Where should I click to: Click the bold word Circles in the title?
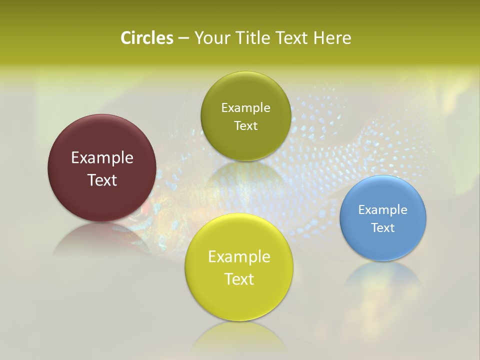click(147, 38)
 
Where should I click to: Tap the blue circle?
click(383, 245)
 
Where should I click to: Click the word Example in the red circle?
click(102, 158)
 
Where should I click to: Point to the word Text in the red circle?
click(102, 180)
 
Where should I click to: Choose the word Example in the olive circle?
click(245, 107)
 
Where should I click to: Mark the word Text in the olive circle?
click(245, 125)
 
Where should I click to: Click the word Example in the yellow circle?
click(239, 257)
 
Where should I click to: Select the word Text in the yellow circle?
click(239, 279)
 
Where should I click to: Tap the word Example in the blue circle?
click(383, 209)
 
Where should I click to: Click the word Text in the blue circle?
click(383, 227)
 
